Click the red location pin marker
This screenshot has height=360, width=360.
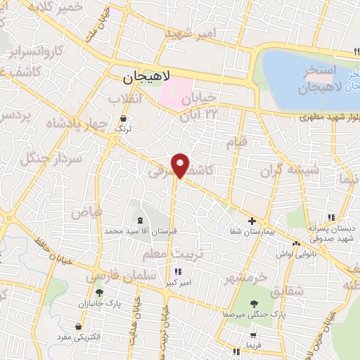tap(181, 165)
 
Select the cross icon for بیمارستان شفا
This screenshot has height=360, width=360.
tap(252, 220)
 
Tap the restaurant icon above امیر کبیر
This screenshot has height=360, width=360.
tap(176, 271)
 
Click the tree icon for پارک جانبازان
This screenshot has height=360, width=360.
tap(99, 293)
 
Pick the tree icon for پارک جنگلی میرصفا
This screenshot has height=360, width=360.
tap(253, 303)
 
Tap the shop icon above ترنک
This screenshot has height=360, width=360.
tap(124, 119)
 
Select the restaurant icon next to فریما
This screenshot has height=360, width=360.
tap(236, 349)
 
